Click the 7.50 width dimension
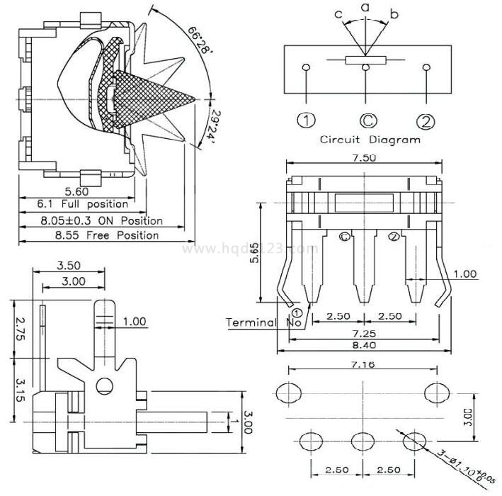click(365, 158)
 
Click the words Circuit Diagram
click(370, 140)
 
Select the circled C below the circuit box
click(366, 121)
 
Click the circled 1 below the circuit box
click(306, 121)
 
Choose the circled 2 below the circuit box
click(426, 121)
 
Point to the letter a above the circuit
click(365, 7)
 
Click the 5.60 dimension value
click(76, 191)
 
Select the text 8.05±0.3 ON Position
click(101, 220)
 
